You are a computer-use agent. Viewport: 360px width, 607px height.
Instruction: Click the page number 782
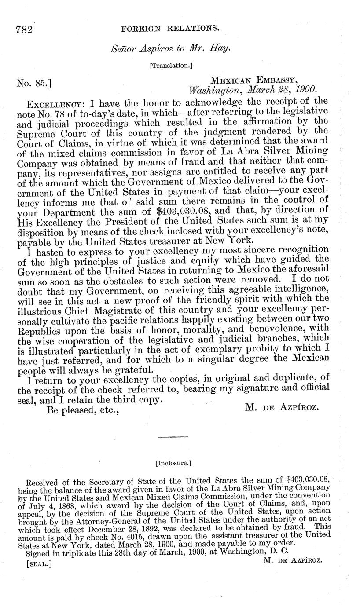[25, 29]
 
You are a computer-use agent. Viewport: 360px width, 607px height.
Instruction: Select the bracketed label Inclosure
[173, 463]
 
